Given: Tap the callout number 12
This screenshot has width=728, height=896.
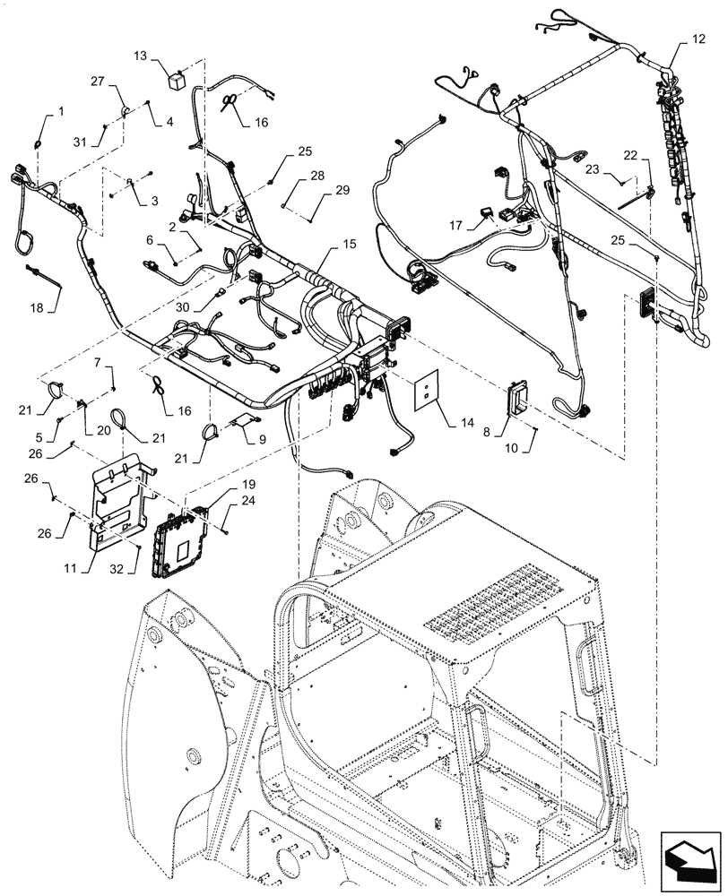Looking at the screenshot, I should click(698, 39).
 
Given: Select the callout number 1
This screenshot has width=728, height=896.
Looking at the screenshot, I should click(61, 111).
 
